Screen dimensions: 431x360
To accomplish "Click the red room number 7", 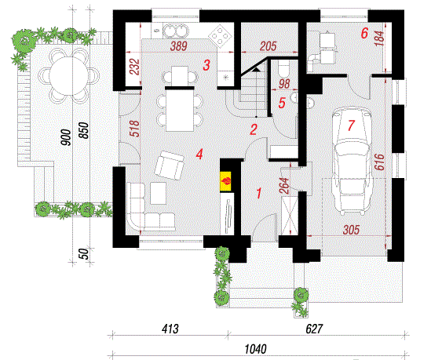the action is pyautogui.click(x=351, y=125).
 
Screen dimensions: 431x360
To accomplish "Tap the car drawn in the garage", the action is pyautogui.click(x=351, y=161).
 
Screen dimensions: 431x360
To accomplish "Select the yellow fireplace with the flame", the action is pyautogui.click(x=225, y=181).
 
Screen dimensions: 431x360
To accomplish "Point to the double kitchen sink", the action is pyautogui.click(x=176, y=31).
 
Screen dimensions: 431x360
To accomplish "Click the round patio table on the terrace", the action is pyautogui.click(x=69, y=76).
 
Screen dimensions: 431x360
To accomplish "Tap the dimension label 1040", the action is pyautogui.click(x=255, y=349).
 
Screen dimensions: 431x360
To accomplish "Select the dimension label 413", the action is pyautogui.click(x=170, y=329).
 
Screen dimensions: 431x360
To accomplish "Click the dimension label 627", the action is pyautogui.click(x=314, y=329).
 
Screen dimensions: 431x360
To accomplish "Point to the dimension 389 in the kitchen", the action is pyautogui.click(x=179, y=46).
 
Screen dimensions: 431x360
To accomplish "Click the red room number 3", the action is pyautogui.click(x=206, y=65).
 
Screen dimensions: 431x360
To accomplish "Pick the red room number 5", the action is pyautogui.click(x=282, y=103).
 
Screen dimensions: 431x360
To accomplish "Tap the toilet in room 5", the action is pyautogui.click(x=283, y=69).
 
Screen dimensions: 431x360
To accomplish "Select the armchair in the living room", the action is pyautogui.click(x=169, y=165).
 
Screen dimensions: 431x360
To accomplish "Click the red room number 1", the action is pyautogui.click(x=258, y=193).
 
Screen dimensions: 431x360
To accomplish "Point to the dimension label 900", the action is pyautogui.click(x=66, y=137).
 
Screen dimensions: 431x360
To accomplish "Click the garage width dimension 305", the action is pyautogui.click(x=351, y=230).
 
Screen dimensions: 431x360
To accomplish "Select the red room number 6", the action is pyautogui.click(x=364, y=33).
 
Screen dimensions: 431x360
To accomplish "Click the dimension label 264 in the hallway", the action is pyautogui.click(x=285, y=186).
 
